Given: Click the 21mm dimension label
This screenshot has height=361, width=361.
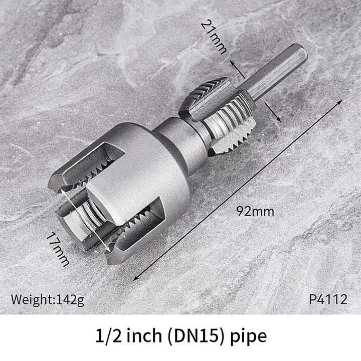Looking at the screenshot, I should [214, 37].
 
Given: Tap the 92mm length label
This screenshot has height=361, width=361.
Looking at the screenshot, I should [257, 211].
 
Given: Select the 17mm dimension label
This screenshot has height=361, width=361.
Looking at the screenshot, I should [59, 248].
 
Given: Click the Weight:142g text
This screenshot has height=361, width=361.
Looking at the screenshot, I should [48, 300].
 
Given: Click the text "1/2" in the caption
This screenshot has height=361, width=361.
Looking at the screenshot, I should [107, 336].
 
